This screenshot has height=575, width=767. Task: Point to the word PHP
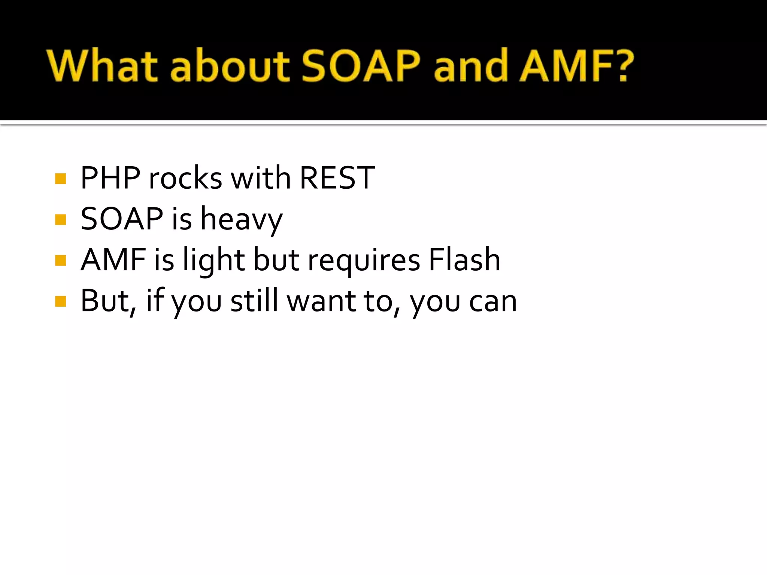[x=110, y=178]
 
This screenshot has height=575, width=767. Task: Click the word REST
[x=337, y=178]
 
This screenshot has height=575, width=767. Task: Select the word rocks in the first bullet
[x=185, y=178]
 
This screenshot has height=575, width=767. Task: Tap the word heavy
[x=242, y=220]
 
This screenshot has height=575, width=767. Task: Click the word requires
[x=364, y=261]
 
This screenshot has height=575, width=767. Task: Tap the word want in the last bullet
[x=321, y=301]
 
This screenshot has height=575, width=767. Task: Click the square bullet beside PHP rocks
[x=60, y=179]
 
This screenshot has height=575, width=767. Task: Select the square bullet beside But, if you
[x=60, y=301]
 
